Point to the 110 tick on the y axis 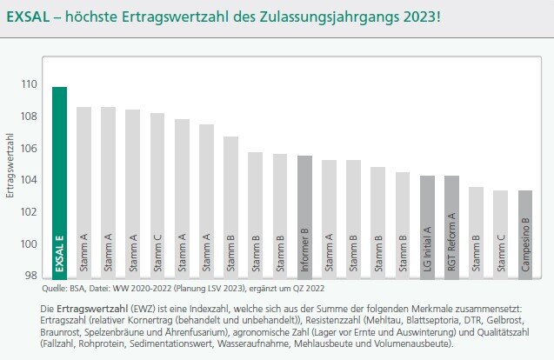coord(30,84)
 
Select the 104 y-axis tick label coord(30,180)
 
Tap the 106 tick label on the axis coord(30,148)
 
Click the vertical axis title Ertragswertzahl coord(10,165)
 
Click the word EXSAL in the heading coord(27,16)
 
